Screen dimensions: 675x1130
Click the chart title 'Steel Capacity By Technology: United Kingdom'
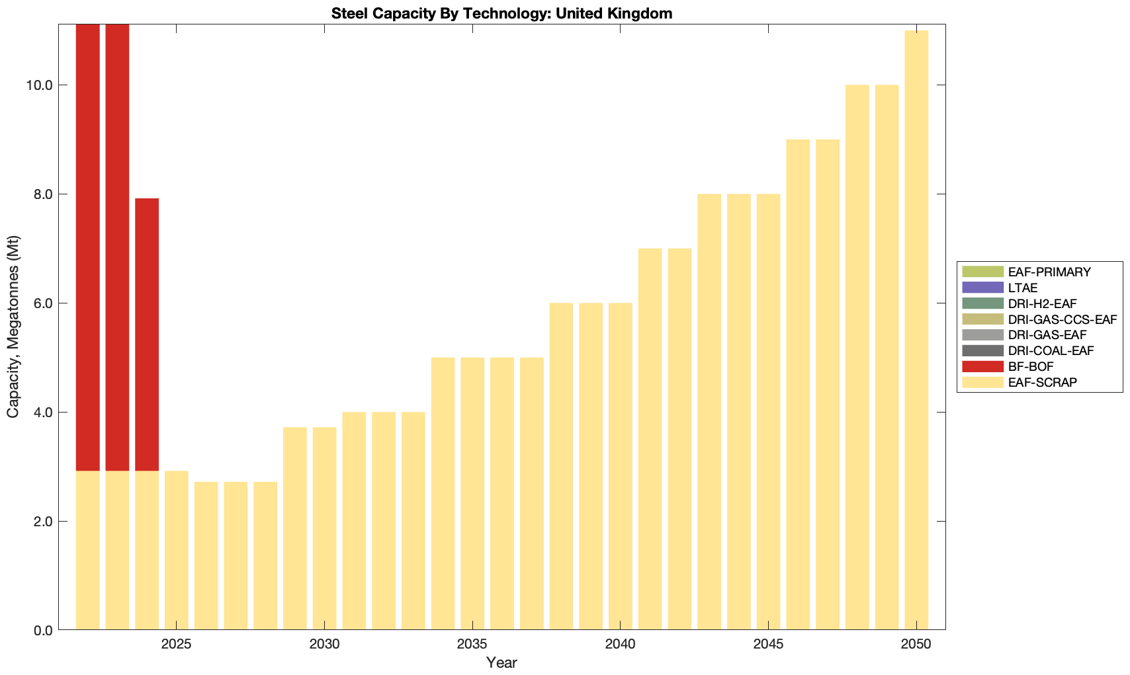pyautogui.click(x=501, y=13)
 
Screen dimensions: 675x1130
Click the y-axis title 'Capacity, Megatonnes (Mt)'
pyautogui.click(x=13, y=327)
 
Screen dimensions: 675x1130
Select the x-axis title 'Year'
pyautogui.click(x=501, y=662)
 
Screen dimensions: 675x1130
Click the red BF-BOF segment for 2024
pyautogui.click(x=147, y=334)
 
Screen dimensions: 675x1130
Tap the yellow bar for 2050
pyautogui.click(x=916, y=331)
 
